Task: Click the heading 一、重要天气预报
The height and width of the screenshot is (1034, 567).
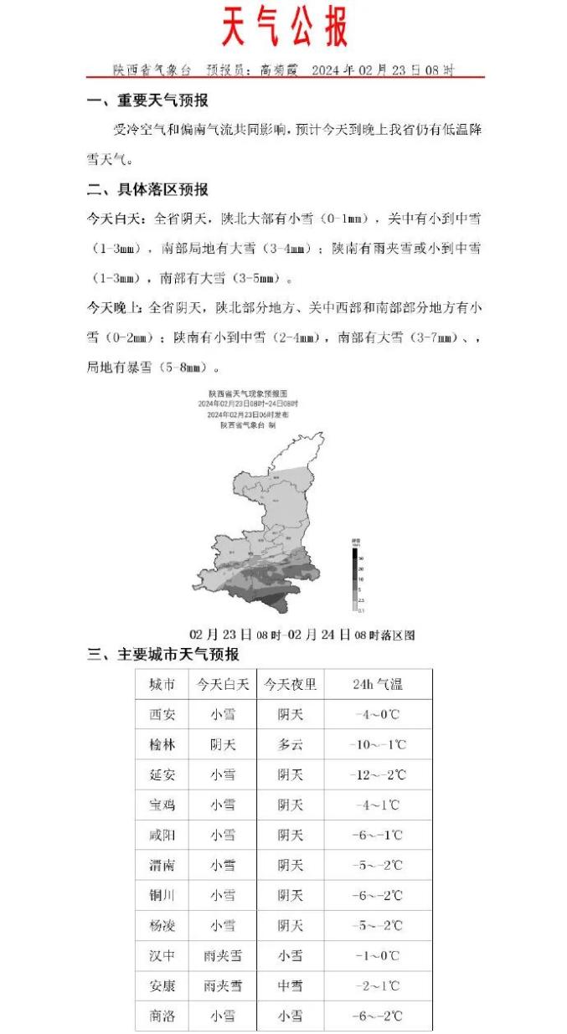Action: coord(148,101)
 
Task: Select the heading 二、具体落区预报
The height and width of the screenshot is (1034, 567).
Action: coord(148,189)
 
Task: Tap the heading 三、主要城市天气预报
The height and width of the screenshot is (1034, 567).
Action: coord(163,655)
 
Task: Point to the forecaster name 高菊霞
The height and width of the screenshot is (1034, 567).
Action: coord(280,70)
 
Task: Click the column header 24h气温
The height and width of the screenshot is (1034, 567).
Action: coord(378,684)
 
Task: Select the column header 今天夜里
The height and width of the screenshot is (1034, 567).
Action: coord(290,684)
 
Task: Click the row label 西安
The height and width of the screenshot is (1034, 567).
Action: coord(162,715)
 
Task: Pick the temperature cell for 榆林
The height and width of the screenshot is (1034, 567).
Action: coord(378,745)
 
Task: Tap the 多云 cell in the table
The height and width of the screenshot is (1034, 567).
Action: coord(290,745)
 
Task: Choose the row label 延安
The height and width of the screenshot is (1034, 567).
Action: coord(162,775)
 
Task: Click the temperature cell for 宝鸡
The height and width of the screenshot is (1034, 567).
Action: coord(378,805)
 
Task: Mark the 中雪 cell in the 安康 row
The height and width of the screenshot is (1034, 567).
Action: coord(290,986)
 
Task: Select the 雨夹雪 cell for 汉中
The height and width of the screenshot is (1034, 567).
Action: coord(223,956)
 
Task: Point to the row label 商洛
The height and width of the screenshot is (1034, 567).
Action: coord(162,1016)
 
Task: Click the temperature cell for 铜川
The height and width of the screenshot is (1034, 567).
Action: coord(378,896)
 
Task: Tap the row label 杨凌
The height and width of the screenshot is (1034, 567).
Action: coord(162,926)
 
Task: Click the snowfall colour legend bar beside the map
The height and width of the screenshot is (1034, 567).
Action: coord(355,579)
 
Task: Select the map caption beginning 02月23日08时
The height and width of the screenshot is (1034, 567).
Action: coord(302,635)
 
